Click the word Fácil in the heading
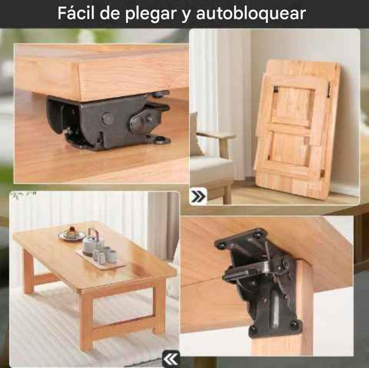[x=75, y=13]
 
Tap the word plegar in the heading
[x=151, y=15]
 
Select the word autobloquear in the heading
[x=251, y=13]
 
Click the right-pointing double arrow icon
[x=198, y=196]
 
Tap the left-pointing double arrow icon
[x=171, y=359]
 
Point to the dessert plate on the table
[x=72, y=234]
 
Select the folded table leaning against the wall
[x=298, y=129]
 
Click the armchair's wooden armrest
[x=215, y=135]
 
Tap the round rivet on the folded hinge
[x=107, y=119]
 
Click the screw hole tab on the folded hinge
[x=160, y=139]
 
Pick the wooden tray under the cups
[x=100, y=260]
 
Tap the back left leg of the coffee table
[x=28, y=271]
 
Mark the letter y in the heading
[x=186, y=15]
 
